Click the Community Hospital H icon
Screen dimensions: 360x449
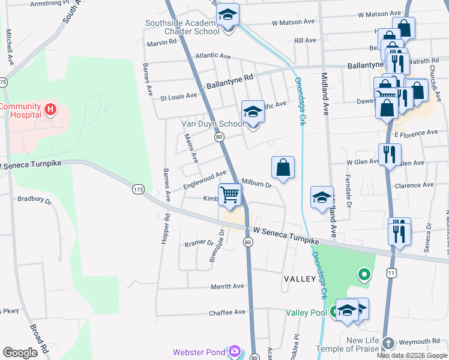click(x=50, y=110)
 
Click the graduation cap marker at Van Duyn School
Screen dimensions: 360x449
click(x=253, y=112)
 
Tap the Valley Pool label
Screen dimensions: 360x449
click(x=306, y=313)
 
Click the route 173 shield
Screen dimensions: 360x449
click(x=138, y=190)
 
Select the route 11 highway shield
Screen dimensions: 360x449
click(x=391, y=274)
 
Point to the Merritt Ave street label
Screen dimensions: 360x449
click(x=228, y=286)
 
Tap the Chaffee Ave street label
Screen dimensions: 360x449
click(x=227, y=313)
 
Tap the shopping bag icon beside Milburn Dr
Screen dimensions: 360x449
click(x=283, y=168)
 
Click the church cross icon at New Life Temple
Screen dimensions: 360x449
click(x=388, y=343)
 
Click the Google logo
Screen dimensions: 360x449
click(x=20, y=353)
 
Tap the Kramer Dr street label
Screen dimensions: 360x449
click(x=199, y=242)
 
